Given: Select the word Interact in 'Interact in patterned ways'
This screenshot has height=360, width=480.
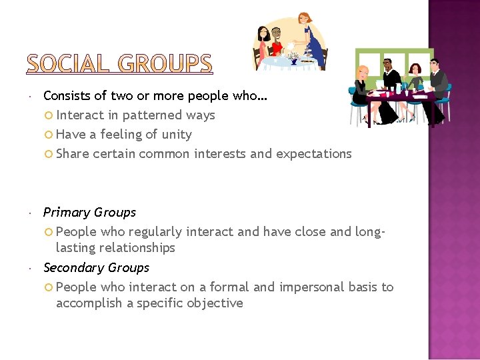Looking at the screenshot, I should pos(80,115).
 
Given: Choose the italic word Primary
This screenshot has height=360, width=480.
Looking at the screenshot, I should pos(65,213).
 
